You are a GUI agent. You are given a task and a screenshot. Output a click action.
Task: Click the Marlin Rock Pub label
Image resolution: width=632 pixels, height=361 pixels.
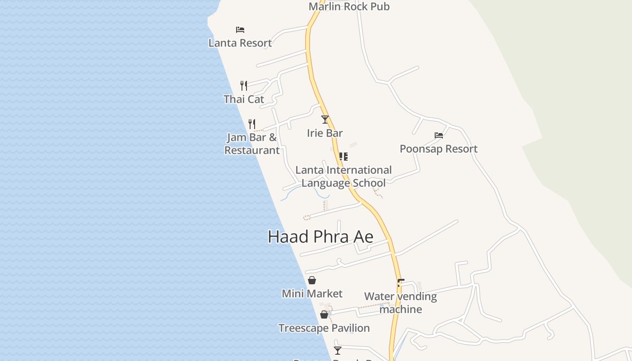pos(349,6)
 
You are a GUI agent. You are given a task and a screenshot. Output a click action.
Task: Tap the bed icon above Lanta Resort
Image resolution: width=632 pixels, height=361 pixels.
pos(240,30)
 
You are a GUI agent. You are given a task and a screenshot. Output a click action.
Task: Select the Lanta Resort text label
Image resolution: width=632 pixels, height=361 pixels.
pos(240,43)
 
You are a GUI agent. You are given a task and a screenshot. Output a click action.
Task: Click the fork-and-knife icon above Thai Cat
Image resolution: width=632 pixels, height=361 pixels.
pos(244,85)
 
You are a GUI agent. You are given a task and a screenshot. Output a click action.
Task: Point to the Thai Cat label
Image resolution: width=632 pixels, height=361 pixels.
pos(244,99)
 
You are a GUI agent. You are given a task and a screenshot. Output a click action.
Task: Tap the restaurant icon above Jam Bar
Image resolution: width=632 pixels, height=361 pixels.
pos(252,124)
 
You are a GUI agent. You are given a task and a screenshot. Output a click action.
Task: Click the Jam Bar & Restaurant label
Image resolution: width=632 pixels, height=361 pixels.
pos(252,143)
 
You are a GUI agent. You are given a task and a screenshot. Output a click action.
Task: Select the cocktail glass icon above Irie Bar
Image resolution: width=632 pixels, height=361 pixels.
pos(325,120)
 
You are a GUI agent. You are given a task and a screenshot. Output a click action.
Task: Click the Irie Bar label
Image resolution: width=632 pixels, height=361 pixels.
pos(325,133)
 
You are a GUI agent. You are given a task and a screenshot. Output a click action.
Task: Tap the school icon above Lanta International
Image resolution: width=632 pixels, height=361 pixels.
pos(344,157)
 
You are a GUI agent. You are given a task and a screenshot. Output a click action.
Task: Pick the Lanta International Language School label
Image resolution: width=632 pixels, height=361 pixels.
pos(344,176)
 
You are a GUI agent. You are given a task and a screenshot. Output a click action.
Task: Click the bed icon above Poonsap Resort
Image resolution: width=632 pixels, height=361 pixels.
pos(439,135)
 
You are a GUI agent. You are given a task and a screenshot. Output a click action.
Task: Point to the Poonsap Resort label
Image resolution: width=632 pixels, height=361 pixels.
pos(439,149)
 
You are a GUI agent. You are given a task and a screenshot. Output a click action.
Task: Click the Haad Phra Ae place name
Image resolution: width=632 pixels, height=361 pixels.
pos(321,236)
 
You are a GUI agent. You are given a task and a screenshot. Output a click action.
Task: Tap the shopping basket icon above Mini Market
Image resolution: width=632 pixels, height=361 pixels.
pos(312,280)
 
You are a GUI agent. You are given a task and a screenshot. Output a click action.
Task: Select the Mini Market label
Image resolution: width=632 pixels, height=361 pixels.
pos(312,294)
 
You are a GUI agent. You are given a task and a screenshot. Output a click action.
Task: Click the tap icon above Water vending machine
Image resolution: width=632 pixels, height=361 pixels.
pos(400,283)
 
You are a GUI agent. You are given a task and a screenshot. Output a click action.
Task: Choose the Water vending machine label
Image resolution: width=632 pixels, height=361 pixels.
pos(401,303)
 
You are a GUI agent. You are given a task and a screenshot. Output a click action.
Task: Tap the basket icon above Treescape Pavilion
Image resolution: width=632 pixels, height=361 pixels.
pos(324,315)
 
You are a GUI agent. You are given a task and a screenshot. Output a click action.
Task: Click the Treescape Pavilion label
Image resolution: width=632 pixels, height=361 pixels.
pos(324,328)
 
